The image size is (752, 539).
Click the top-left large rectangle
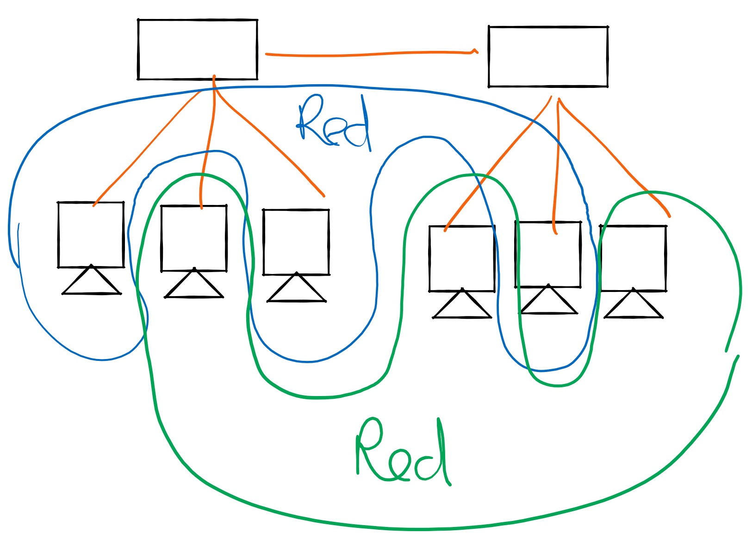[x=198, y=50]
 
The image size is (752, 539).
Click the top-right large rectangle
[x=548, y=56]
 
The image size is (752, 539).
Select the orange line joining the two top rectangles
[x=370, y=54]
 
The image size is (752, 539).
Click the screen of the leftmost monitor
[x=91, y=235]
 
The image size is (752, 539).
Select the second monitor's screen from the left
[x=194, y=238]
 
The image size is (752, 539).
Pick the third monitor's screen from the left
[x=296, y=242]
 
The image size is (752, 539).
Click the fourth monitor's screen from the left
[x=462, y=259]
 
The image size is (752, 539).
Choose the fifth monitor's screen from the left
[x=548, y=254]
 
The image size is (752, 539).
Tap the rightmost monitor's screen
[x=633, y=258]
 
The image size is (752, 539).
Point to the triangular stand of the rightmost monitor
[x=633, y=308]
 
